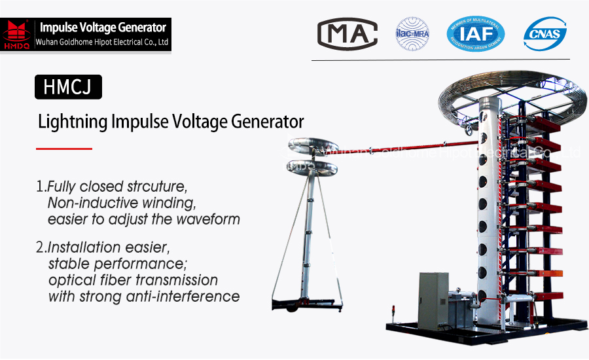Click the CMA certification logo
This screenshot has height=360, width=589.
coord(347,33)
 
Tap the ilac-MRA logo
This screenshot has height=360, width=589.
coord(412,33)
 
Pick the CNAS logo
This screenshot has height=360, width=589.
coord(544,33)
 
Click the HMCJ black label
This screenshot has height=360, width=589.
coord(68,87)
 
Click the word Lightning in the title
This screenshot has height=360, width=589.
coord(73,122)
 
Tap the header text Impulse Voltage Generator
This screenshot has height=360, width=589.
coord(103,27)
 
